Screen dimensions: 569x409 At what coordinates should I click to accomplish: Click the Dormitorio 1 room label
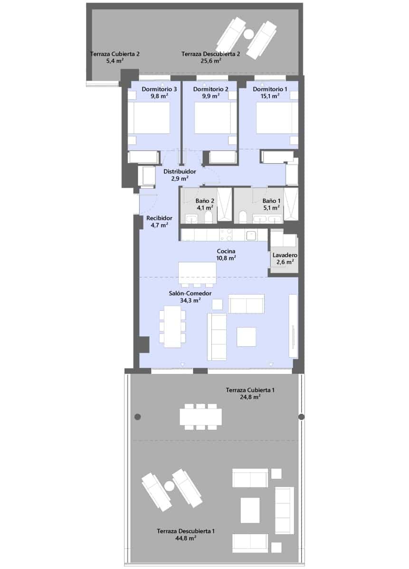tap(270, 89)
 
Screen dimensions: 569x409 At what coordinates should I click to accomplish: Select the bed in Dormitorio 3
tap(149, 118)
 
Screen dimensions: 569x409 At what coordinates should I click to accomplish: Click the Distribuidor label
tap(180, 172)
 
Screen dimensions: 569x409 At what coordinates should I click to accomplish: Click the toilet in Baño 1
tap(244, 217)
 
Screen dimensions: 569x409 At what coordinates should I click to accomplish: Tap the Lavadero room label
tap(285, 255)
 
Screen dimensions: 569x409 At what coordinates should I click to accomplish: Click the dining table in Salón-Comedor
tap(171, 326)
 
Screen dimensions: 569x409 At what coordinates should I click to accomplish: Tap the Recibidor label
tap(159, 219)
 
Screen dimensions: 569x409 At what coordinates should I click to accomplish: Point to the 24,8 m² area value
tap(250, 397)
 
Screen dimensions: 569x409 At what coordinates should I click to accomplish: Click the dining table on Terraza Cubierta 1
tap(200, 417)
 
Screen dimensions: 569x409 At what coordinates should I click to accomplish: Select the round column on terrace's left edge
tap(138, 417)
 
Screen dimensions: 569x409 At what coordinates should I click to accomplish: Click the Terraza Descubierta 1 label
tap(186, 532)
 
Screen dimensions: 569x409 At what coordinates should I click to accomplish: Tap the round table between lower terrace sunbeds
tap(169, 486)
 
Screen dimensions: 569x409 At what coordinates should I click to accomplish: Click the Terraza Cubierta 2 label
tap(115, 55)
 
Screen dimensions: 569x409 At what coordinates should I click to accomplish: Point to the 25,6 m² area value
tap(210, 61)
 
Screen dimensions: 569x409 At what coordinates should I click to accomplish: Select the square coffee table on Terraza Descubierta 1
tap(250, 510)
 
